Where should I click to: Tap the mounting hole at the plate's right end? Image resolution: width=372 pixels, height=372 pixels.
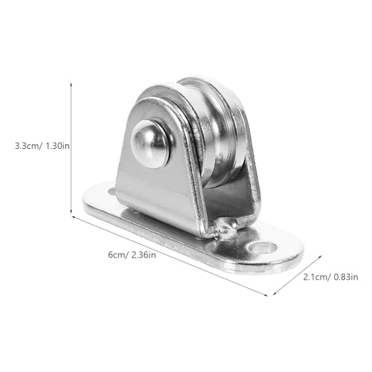click(263, 247)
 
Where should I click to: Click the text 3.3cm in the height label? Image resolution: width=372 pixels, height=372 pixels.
click(28, 146)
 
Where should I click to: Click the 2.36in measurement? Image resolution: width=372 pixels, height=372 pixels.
click(144, 254)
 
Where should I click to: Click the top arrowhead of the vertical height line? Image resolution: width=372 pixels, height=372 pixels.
click(71, 84)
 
